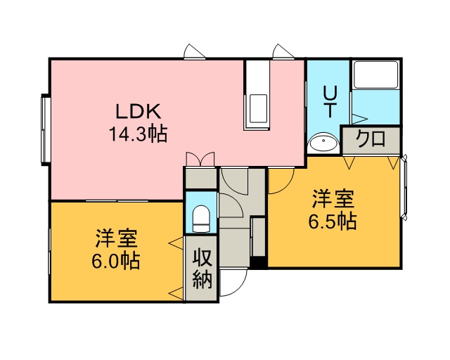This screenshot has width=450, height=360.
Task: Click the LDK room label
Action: [x=138, y=111]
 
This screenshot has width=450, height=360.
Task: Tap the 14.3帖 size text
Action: [x=138, y=134]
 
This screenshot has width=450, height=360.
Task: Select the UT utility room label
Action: [x=329, y=102]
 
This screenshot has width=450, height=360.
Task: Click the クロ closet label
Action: [x=371, y=139]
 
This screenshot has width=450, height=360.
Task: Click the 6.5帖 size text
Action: [x=333, y=221]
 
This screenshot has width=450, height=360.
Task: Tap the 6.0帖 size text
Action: [x=116, y=260]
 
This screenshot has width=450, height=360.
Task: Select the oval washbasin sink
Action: [x=323, y=141]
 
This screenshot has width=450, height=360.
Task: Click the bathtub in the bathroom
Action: [x=375, y=75]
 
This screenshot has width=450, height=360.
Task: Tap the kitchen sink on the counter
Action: [x=258, y=109]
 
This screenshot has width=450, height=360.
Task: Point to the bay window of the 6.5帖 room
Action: [x=404, y=188]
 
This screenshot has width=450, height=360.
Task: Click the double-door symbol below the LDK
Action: [x=200, y=159]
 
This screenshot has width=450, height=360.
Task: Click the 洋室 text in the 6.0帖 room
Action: [x=116, y=238]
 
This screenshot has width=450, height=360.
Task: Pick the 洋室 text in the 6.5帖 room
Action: [x=333, y=199]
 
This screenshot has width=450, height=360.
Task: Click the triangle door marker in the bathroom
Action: [x=359, y=118]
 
